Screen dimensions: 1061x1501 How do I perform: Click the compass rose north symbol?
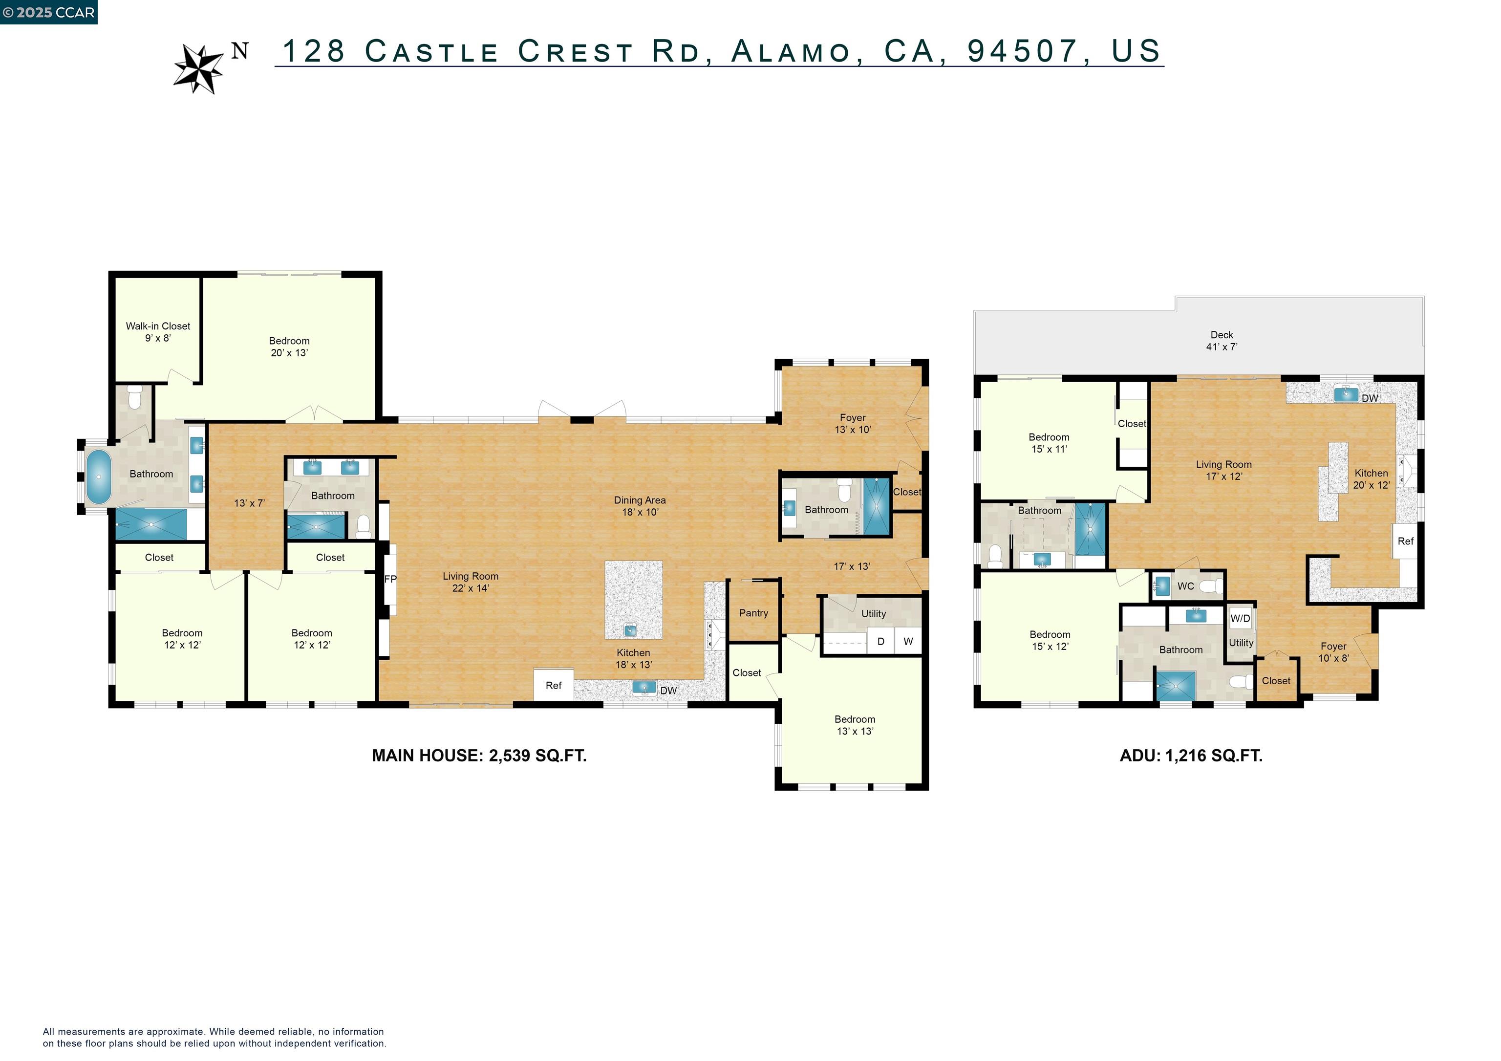[x=199, y=68]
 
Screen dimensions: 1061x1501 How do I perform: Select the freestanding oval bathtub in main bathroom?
[x=99, y=476]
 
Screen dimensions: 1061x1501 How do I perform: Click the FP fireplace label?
[x=390, y=579]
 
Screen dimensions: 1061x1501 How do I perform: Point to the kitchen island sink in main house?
[x=630, y=630]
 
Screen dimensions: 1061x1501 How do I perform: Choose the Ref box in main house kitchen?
[x=553, y=685]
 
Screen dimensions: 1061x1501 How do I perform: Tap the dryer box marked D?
[x=880, y=641]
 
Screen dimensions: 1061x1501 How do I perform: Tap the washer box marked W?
[x=908, y=641]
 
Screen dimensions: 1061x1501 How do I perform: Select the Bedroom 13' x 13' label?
[x=855, y=725]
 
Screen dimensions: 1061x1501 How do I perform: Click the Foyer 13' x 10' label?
[x=853, y=423]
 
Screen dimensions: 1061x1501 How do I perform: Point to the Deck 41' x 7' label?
[x=1221, y=341]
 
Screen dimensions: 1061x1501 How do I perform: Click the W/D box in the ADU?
[x=1240, y=618]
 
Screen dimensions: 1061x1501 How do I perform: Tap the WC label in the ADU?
[x=1185, y=586]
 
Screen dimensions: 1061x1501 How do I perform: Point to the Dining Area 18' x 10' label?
[x=640, y=506]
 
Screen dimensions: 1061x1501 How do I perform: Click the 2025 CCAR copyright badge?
[x=49, y=12]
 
